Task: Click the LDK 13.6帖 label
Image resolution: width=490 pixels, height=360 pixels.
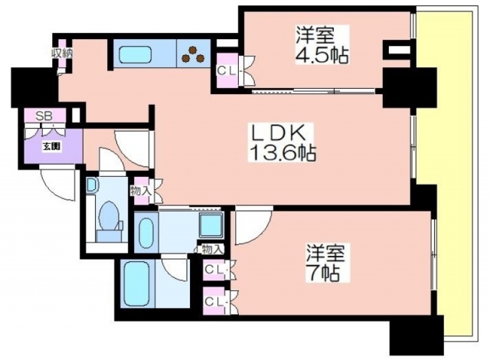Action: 281,142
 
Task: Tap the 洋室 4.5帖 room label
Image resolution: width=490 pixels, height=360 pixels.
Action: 322,44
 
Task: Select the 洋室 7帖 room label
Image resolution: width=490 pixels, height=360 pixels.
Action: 325,263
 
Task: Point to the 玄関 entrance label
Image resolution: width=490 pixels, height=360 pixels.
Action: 51,146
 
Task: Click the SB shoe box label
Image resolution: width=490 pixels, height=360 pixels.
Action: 44,116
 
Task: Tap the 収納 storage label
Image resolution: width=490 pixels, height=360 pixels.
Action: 62,54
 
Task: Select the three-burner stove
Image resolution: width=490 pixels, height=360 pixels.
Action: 193,54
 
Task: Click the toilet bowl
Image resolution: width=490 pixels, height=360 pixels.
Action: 109,217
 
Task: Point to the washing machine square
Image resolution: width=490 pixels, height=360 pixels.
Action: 211,225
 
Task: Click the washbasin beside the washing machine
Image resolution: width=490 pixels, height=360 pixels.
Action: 145,233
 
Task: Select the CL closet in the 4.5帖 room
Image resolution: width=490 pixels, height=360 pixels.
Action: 228,70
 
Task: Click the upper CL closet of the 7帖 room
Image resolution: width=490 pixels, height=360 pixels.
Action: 214,270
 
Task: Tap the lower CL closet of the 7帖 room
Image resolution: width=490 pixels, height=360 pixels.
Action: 214,301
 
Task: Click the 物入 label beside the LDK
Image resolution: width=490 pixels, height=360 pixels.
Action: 141,191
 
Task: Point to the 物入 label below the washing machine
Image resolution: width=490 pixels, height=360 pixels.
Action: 213,250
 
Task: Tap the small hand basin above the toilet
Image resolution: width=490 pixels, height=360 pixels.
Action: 92,185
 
